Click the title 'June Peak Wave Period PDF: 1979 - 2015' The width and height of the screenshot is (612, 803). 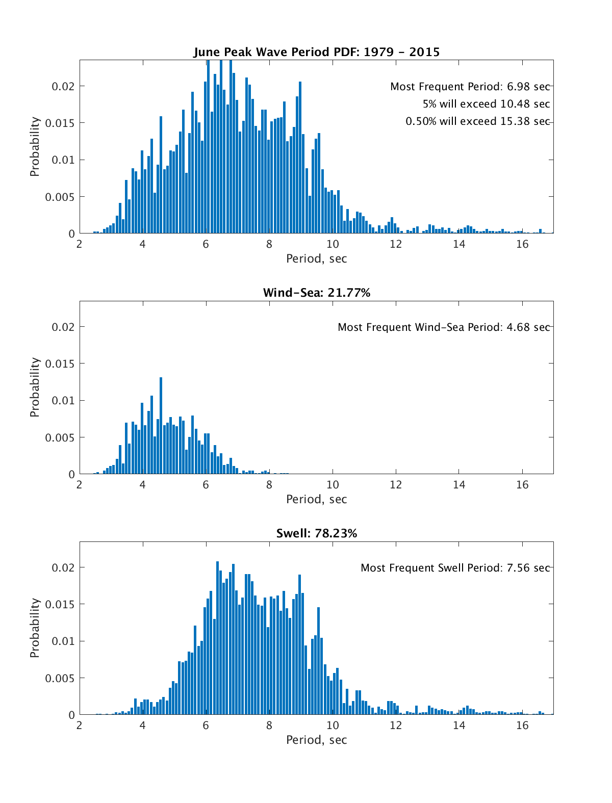[x=316, y=52]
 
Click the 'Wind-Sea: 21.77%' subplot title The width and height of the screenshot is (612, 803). [x=316, y=293]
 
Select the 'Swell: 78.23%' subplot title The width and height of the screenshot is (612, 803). [x=316, y=533]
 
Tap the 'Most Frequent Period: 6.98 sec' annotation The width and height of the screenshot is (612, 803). [x=470, y=87]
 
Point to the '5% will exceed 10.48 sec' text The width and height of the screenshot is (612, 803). [x=486, y=104]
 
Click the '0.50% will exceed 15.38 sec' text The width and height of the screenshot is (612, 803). [x=477, y=121]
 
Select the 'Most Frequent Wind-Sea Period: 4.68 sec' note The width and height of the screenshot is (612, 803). [x=444, y=327]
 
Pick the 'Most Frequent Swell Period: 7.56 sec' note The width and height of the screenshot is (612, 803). [x=455, y=568]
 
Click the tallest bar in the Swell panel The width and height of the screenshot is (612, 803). [x=218, y=638]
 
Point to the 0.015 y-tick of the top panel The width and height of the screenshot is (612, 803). [x=60, y=123]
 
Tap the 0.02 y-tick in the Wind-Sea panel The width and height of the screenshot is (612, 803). [x=63, y=327]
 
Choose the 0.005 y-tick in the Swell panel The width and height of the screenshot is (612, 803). [x=60, y=679]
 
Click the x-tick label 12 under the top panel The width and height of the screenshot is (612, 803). [x=396, y=244]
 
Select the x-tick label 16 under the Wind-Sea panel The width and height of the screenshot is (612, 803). [x=522, y=485]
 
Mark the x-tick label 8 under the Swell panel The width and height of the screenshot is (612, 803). [x=269, y=726]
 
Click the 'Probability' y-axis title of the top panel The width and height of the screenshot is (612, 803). [x=35, y=147]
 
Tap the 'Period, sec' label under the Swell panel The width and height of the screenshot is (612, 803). [x=316, y=740]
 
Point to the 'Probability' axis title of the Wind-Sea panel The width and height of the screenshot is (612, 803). [x=35, y=387]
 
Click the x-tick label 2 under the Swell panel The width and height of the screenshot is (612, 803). [x=79, y=726]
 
